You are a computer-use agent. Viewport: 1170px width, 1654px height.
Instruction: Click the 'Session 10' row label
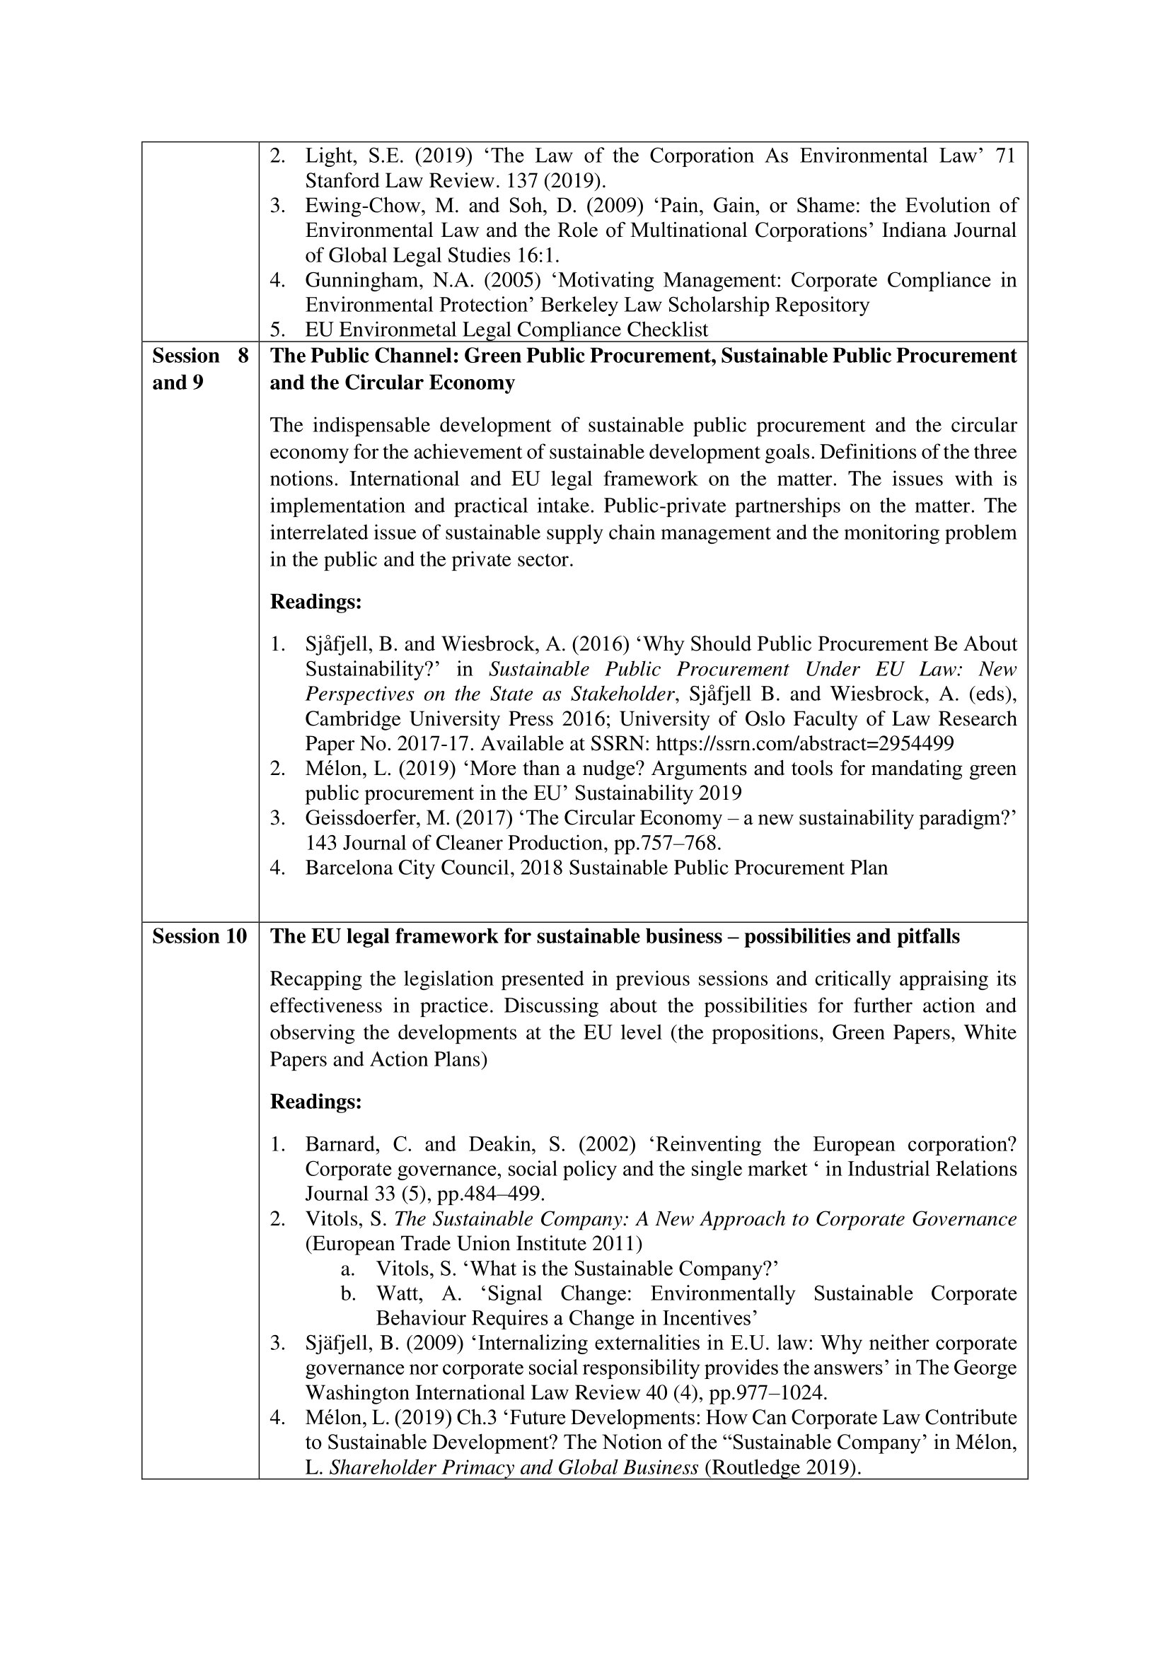199,936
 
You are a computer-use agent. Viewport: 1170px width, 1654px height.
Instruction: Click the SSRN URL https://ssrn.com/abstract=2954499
805,743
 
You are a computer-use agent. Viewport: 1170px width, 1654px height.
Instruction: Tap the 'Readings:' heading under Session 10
315,1102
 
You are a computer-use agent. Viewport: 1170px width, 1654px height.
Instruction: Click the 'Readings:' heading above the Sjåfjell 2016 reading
315,602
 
